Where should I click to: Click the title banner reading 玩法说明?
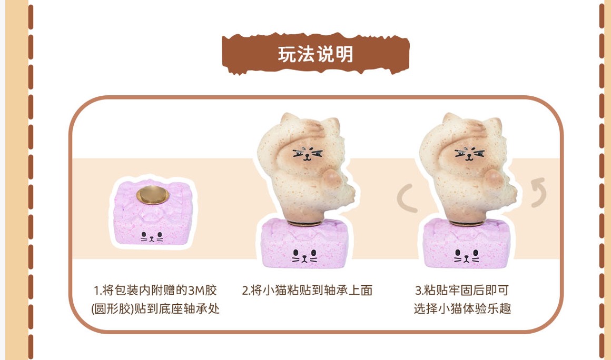click(315, 54)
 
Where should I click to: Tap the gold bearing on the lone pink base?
click(152, 195)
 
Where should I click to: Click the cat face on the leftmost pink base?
click(152, 236)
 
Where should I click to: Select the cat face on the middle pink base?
click(305, 256)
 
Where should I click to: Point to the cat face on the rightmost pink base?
click(467, 256)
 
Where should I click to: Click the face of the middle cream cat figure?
click(308, 154)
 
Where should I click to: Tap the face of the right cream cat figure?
click(469, 154)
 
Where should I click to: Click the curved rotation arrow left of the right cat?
click(407, 198)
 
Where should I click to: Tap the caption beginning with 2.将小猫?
click(307, 291)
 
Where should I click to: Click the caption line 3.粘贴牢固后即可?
click(462, 291)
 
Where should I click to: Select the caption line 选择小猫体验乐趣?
click(462, 308)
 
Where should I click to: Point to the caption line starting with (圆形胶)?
click(155, 308)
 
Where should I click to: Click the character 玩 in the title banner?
click(287, 54)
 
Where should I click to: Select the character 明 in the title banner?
click(344, 54)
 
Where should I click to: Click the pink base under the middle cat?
click(305, 243)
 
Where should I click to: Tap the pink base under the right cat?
click(467, 243)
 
